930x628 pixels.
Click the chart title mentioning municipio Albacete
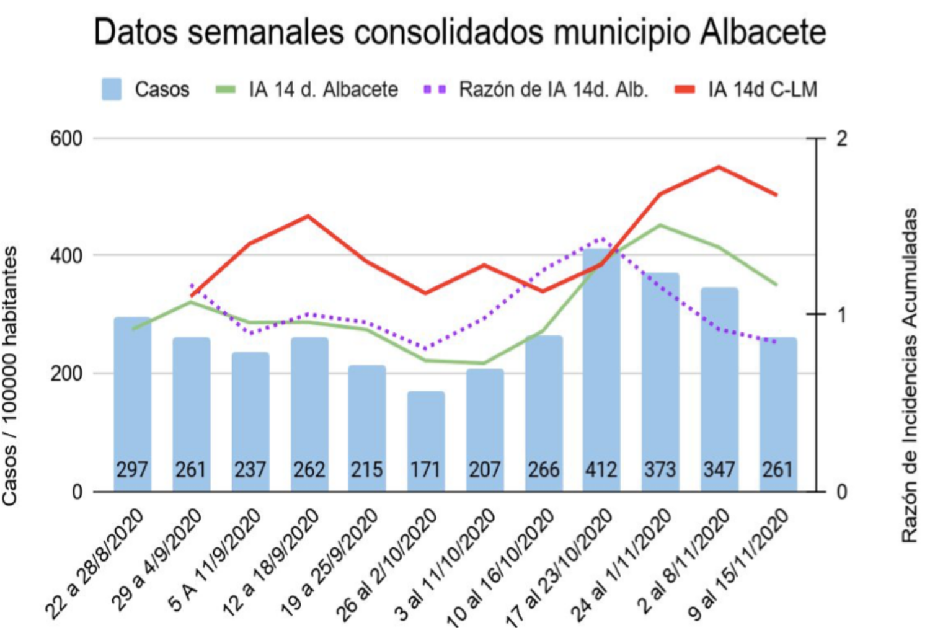[x=459, y=32]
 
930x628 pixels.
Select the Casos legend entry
[x=146, y=89]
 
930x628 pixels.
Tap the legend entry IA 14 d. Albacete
[x=308, y=89]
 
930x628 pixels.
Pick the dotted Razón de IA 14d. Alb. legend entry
[x=536, y=89]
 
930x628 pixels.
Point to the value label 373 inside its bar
[x=660, y=469]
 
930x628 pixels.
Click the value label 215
[x=367, y=469]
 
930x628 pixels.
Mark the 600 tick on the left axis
[x=66, y=138]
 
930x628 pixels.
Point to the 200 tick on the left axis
[x=66, y=374]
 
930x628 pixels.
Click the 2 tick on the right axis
[x=841, y=138]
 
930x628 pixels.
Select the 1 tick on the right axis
[x=841, y=315]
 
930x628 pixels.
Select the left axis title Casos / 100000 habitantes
[x=11, y=375]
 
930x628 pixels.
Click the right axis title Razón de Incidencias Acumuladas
[x=909, y=375]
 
